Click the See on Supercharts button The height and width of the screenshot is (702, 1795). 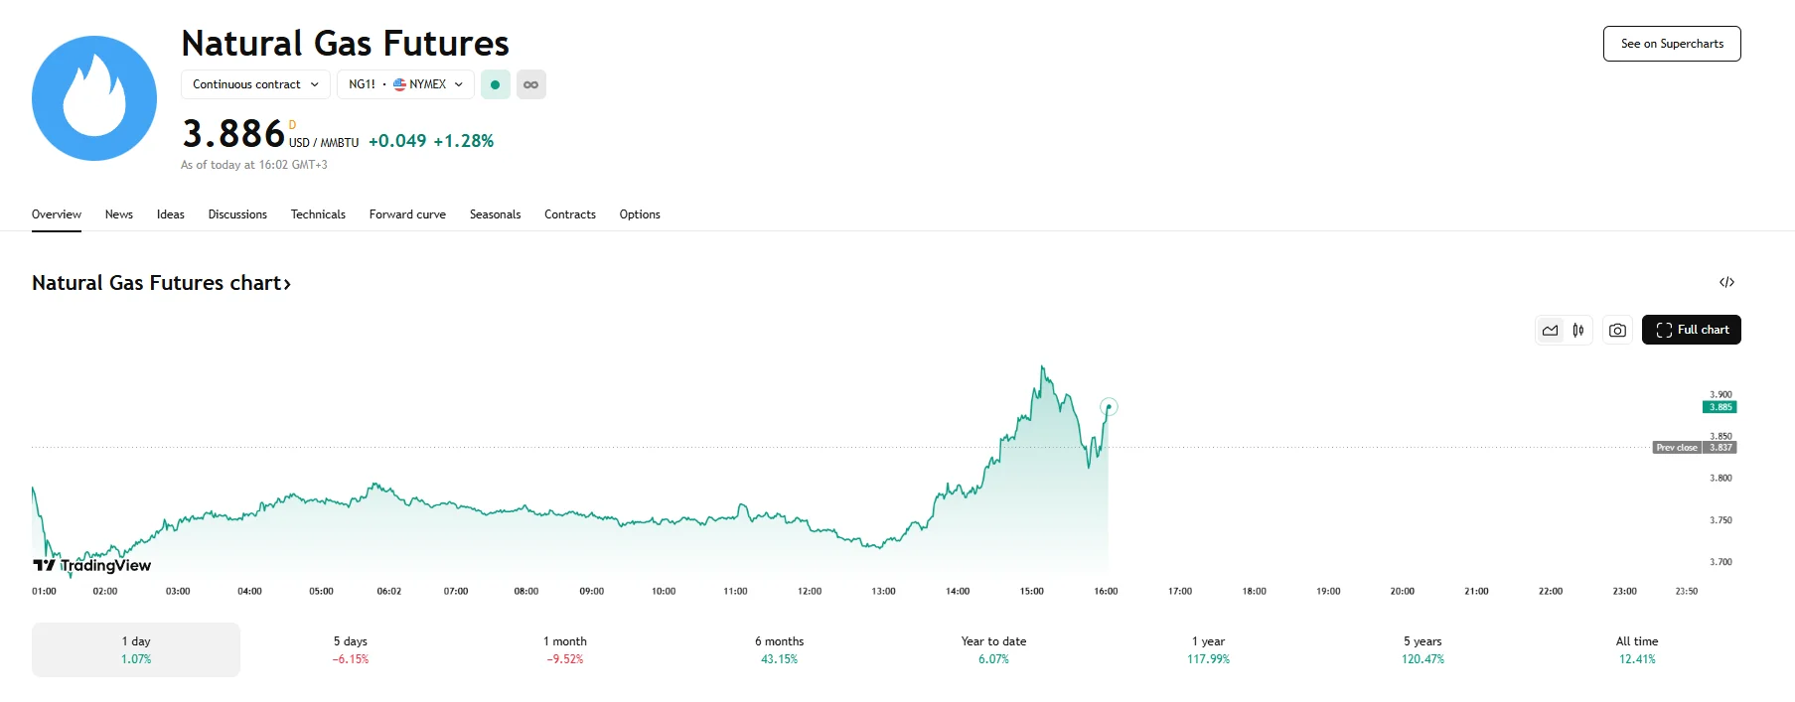pyautogui.click(x=1671, y=44)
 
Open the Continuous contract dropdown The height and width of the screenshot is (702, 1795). pyautogui.click(x=255, y=84)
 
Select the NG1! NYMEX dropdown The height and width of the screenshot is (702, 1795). pyautogui.click(x=405, y=84)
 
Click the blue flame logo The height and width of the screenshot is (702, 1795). pyautogui.click(x=94, y=98)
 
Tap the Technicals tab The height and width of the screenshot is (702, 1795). pyautogui.click(x=318, y=214)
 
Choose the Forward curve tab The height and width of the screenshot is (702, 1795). pyautogui.click(x=407, y=214)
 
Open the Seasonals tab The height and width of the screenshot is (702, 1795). pyautogui.click(x=495, y=214)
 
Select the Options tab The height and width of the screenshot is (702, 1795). pyautogui.click(x=640, y=214)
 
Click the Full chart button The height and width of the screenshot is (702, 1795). pyautogui.click(x=1691, y=330)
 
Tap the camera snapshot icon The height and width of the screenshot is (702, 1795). pyautogui.click(x=1617, y=331)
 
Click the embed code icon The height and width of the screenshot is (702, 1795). pyautogui.click(x=1726, y=283)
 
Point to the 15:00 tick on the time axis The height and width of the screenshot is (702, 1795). pyautogui.click(x=1031, y=591)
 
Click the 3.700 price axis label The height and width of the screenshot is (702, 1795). pyautogui.click(x=1720, y=562)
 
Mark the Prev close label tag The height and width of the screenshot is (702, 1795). pyautogui.click(x=1677, y=448)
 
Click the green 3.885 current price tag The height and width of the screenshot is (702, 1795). pyautogui.click(x=1720, y=407)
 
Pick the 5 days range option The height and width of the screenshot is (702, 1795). pyautogui.click(x=350, y=649)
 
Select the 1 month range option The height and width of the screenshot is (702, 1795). pyautogui.click(x=564, y=649)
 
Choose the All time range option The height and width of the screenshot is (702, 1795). pyautogui.click(x=1636, y=649)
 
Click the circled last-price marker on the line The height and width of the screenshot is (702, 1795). pyautogui.click(x=1109, y=406)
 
